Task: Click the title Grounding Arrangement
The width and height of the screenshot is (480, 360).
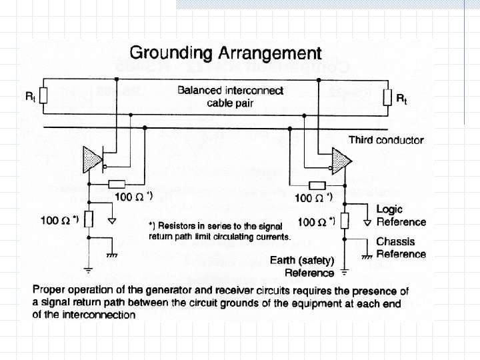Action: (225, 53)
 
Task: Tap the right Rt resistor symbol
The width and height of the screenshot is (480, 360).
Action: (387, 97)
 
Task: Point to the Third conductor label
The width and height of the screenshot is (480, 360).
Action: (386, 140)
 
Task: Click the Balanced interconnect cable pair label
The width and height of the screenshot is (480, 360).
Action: (230, 97)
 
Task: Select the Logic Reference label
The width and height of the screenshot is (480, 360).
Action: (401, 215)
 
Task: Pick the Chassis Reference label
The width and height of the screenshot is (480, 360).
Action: (401, 247)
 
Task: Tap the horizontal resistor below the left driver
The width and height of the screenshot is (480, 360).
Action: (117, 183)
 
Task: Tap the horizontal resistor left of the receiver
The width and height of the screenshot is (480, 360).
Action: (317, 185)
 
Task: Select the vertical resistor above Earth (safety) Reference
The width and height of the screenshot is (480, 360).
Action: (344, 221)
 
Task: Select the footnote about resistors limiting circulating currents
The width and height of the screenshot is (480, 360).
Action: (219, 231)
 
